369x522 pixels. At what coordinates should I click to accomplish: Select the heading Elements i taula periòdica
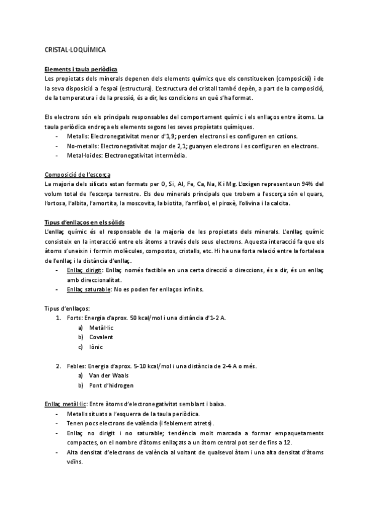[81, 69]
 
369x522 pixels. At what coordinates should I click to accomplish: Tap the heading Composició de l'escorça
[77, 174]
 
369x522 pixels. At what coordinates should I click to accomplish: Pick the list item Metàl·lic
[101, 327]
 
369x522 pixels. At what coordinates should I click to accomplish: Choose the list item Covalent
[101, 337]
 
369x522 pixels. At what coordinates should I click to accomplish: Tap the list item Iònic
[96, 347]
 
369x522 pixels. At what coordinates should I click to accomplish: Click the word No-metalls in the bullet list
[82, 146]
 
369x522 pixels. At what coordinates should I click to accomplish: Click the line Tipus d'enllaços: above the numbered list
[68, 308]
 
